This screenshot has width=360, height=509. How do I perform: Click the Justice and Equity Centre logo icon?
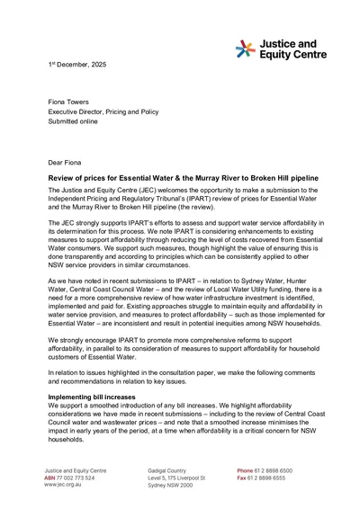point(247,48)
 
